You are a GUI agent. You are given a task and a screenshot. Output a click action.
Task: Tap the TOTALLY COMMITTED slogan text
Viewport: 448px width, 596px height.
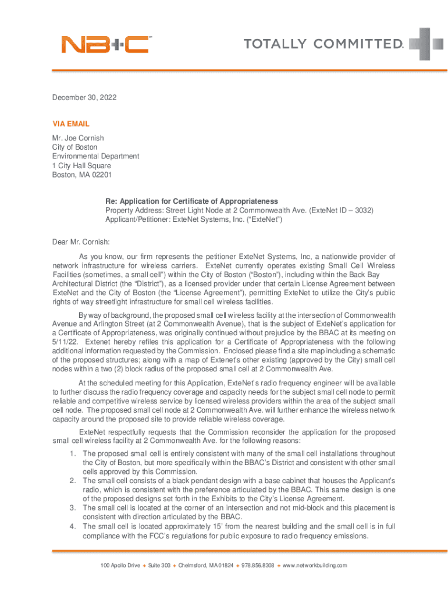(323, 44)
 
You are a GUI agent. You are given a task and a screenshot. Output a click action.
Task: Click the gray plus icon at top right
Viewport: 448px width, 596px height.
(426, 44)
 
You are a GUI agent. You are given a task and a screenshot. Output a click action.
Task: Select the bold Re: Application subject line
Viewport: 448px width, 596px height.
(191, 201)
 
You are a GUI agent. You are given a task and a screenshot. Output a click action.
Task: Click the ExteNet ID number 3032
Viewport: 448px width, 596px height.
(363, 211)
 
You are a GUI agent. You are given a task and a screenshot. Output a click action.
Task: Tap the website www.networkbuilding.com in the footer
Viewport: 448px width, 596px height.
(315, 566)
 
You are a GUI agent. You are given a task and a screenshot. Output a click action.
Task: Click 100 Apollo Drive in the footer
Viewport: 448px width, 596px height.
(120, 566)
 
